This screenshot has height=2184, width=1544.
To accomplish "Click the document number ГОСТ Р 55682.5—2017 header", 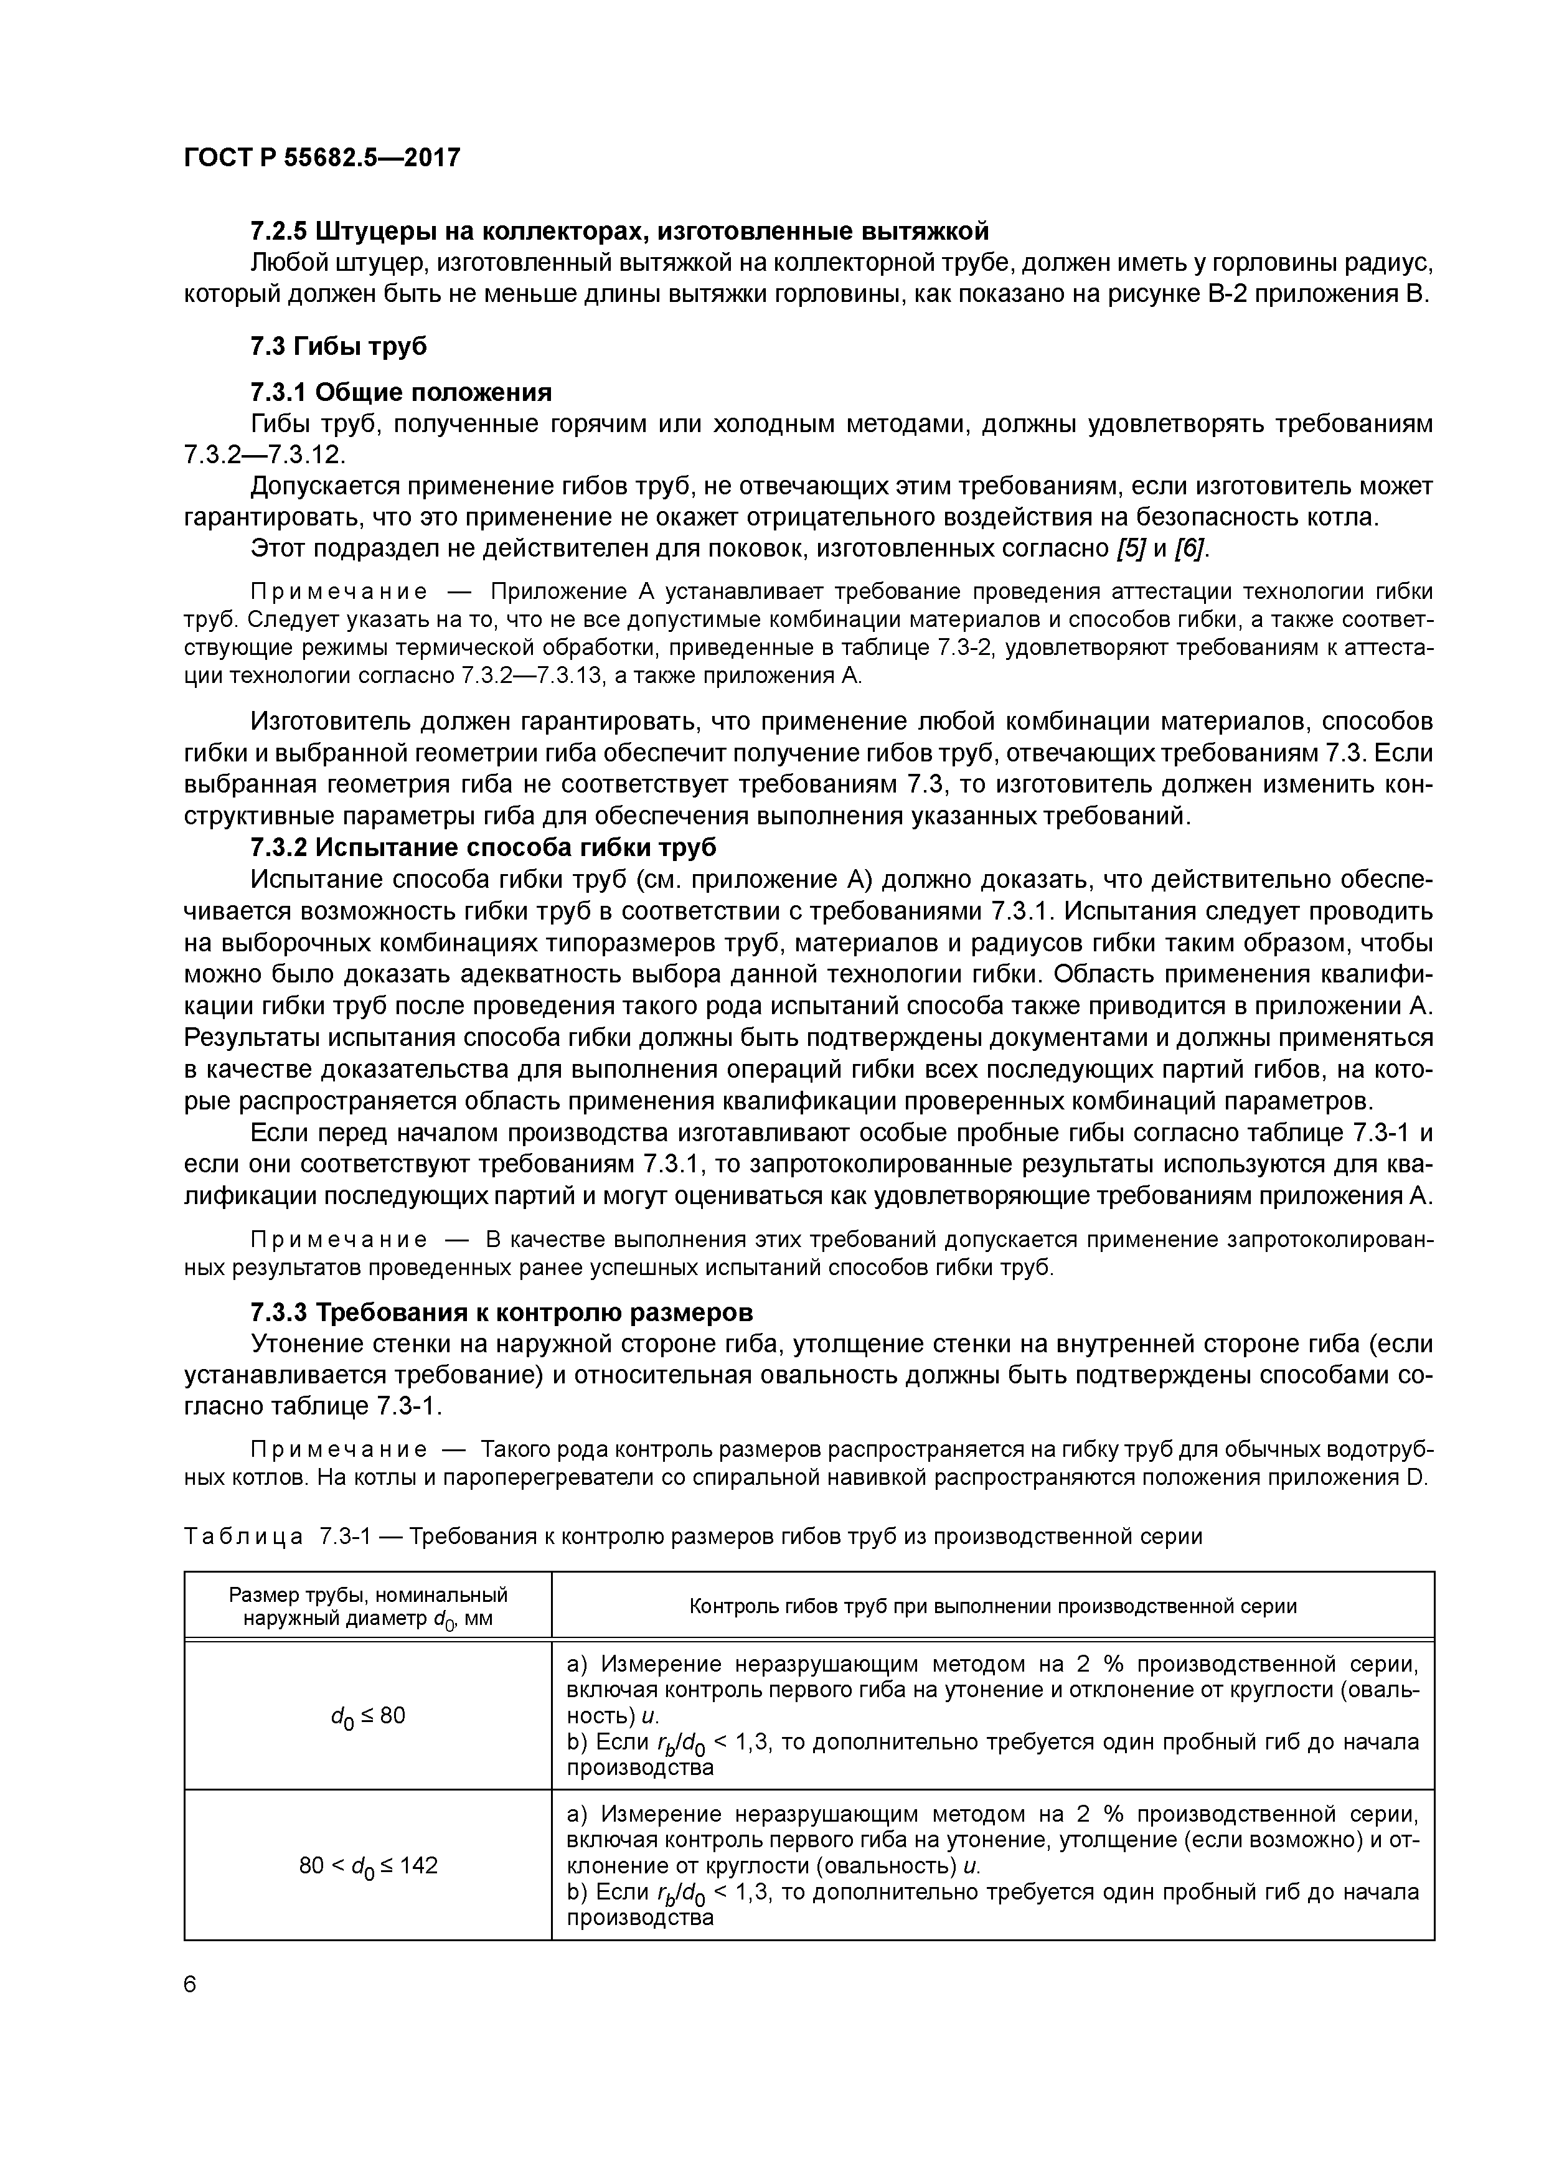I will point(321,157).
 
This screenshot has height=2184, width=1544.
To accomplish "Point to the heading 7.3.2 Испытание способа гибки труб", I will point(483,847).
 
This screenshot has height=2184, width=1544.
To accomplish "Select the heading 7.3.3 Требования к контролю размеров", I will point(501,1312).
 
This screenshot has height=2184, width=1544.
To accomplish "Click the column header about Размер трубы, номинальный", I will point(367,1606).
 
